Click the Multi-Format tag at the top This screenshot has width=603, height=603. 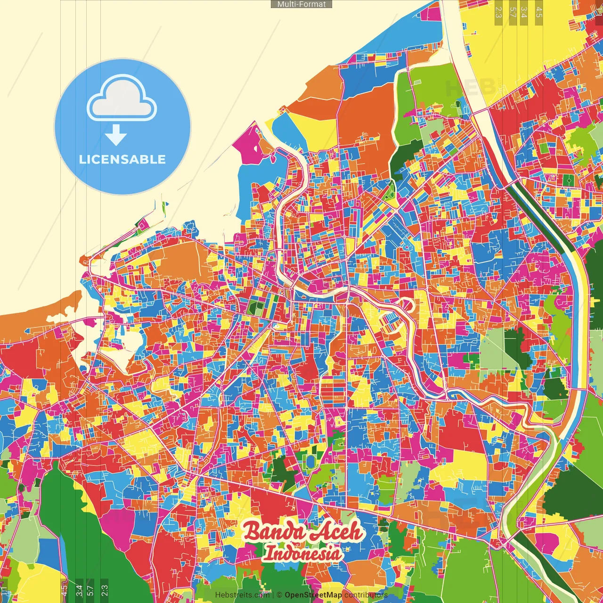click(x=301, y=4)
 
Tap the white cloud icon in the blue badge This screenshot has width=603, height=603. click(x=122, y=99)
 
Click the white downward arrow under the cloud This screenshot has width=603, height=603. click(x=116, y=135)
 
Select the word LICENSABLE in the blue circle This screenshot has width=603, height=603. click(x=122, y=159)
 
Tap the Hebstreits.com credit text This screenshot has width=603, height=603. click(x=242, y=595)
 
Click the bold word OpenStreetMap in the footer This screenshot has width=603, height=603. click(x=313, y=595)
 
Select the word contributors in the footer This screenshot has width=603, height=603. click(x=366, y=595)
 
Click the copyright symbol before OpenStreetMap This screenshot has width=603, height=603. click(x=279, y=595)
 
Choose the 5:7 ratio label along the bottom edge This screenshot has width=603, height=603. click(x=90, y=589)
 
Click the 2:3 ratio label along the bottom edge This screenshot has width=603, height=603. click(x=105, y=589)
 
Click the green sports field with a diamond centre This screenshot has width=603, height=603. click(x=569, y=180)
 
